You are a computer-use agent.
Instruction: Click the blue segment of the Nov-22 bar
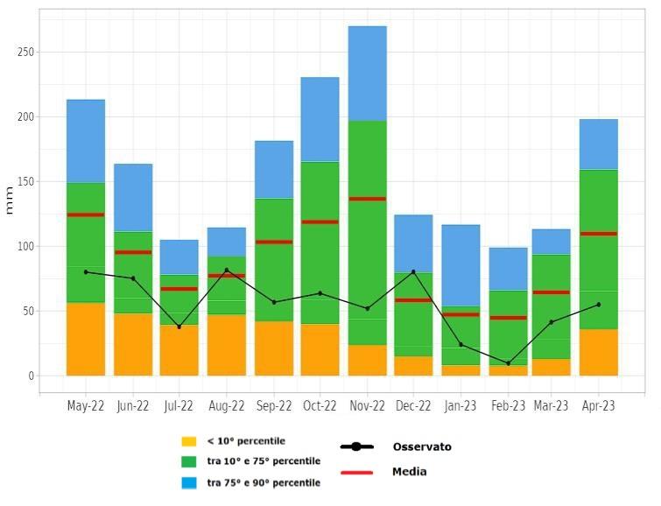[x=367, y=74]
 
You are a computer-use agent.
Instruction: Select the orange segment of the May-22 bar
[x=86, y=339]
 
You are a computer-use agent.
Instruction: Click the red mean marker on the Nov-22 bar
[x=367, y=199]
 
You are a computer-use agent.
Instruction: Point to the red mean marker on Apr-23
[x=598, y=234]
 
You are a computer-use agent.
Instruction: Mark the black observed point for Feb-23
[x=508, y=363]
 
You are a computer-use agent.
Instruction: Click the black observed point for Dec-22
[x=413, y=271]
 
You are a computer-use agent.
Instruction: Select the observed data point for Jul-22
[x=179, y=327]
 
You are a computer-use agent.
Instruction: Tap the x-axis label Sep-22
[x=273, y=406]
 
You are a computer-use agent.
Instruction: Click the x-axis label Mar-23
[x=551, y=406]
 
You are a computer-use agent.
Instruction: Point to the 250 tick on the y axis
[x=25, y=53]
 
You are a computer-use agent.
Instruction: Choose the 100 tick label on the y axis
[x=25, y=247]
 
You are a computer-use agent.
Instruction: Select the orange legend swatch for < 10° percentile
[x=189, y=441]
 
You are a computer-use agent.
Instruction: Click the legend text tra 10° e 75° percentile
[x=264, y=461]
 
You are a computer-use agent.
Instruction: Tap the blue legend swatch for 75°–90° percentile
[x=189, y=482]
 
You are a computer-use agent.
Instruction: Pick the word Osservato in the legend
[x=422, y=446]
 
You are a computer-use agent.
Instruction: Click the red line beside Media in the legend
[x=355, y=472]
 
